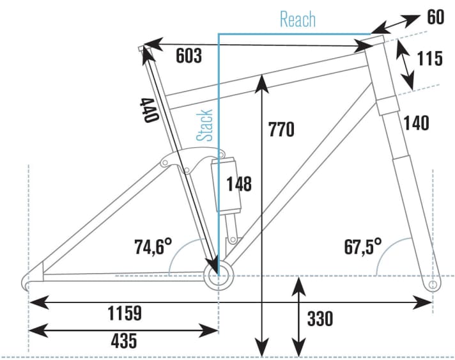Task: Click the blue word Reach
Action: point(298,19)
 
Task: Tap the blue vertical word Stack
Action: point(204,125)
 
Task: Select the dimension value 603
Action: point(189,56)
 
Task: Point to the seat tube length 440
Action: point(150,111)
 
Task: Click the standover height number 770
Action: point(281,129)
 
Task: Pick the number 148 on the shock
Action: point(239,184)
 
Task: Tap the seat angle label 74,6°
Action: point(153,246)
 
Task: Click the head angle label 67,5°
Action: point(363,246)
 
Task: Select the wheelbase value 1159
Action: point(125,313)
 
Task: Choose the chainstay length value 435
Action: point(123,340)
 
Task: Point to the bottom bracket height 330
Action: point(320,318)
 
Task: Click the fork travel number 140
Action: point(416,123)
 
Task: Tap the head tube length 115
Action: point(429,58)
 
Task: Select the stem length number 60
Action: point(436,17)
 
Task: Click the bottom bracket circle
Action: point(218,276)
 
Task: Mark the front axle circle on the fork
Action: point(433,285)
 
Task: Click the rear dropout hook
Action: point(26,282)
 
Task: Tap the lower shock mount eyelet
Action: point(233,240)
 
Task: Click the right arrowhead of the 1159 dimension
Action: point(424,302)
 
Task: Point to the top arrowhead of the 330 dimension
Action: point(299,286)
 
